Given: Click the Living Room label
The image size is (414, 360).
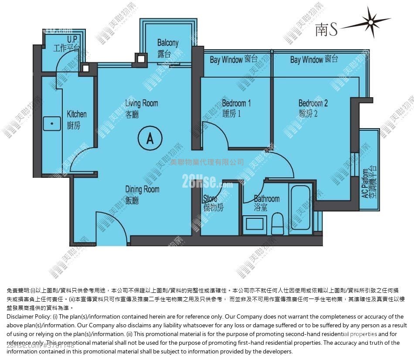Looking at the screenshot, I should tap(141, 108).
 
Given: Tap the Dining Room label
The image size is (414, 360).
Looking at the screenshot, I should tap(142, 194).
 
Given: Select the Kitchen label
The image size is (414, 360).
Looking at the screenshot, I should tap(77, 119).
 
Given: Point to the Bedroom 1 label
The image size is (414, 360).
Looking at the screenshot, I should tap(236, 108).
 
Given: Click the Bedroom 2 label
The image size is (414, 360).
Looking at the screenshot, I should tap(313, 108).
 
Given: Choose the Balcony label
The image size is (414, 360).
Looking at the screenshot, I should tap(168, 48).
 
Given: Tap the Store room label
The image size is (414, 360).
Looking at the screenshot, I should tap(213, 204).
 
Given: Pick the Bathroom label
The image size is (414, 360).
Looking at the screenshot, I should tap(267, 203).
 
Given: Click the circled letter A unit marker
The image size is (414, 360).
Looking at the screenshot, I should tap(150, 138).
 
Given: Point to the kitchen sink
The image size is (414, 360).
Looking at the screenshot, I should tap(52, 124).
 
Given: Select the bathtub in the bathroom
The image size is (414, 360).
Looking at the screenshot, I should tap(301, 207).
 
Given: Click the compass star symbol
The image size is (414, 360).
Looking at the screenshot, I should tap(371, 21).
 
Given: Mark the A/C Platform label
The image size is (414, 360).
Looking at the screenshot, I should tap(370, 183).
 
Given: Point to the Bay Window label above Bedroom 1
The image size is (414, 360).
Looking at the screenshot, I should tap(234, 60).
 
